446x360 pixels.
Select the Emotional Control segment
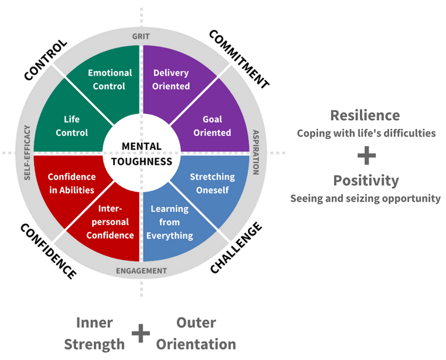pos(110,80)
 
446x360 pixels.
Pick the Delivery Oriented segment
pos(171,80)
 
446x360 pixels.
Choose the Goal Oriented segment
pos(212,125)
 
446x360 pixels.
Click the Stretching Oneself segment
pos(212,183)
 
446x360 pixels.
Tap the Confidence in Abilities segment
pos(71,183)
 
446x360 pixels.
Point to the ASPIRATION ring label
pos(256,152)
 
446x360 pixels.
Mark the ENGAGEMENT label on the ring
pos(141,271)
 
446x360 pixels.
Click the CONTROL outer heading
pos(46,59)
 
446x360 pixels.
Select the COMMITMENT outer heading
pos(239,59)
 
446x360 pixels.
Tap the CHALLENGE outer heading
pos(236,248)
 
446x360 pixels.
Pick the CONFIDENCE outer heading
pos(48,250)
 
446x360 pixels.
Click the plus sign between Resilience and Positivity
pos(366,155)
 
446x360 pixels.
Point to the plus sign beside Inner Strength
pos(140,334)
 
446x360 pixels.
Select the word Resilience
pos(365,115)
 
